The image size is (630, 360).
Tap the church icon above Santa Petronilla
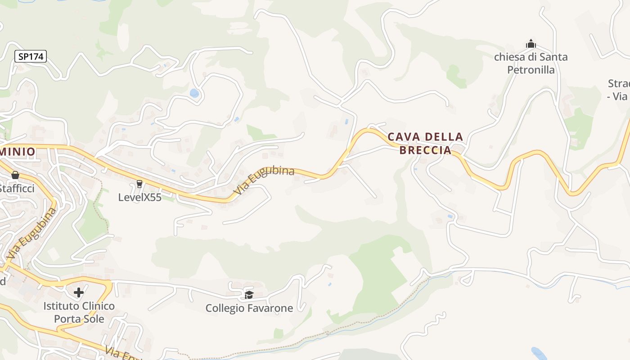point(531,44)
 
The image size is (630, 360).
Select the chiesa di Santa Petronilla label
point(531,63)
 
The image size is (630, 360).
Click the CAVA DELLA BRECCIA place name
point(425,143)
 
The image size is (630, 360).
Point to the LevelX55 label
point(139,197)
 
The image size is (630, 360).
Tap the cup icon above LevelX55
point(139,184)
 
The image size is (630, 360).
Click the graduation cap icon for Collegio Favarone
point(249,295)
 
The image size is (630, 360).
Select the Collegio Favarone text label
point(249,308)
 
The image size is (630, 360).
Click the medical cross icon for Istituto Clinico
point(79,292)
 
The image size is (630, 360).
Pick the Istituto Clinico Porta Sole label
point(79,312)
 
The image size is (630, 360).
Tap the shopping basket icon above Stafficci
point(15,175)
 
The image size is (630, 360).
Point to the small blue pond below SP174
point(194,93)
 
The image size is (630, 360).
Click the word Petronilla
point(531,70)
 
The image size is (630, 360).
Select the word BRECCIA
point(425,150)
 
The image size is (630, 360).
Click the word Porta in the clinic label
point(65,319)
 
